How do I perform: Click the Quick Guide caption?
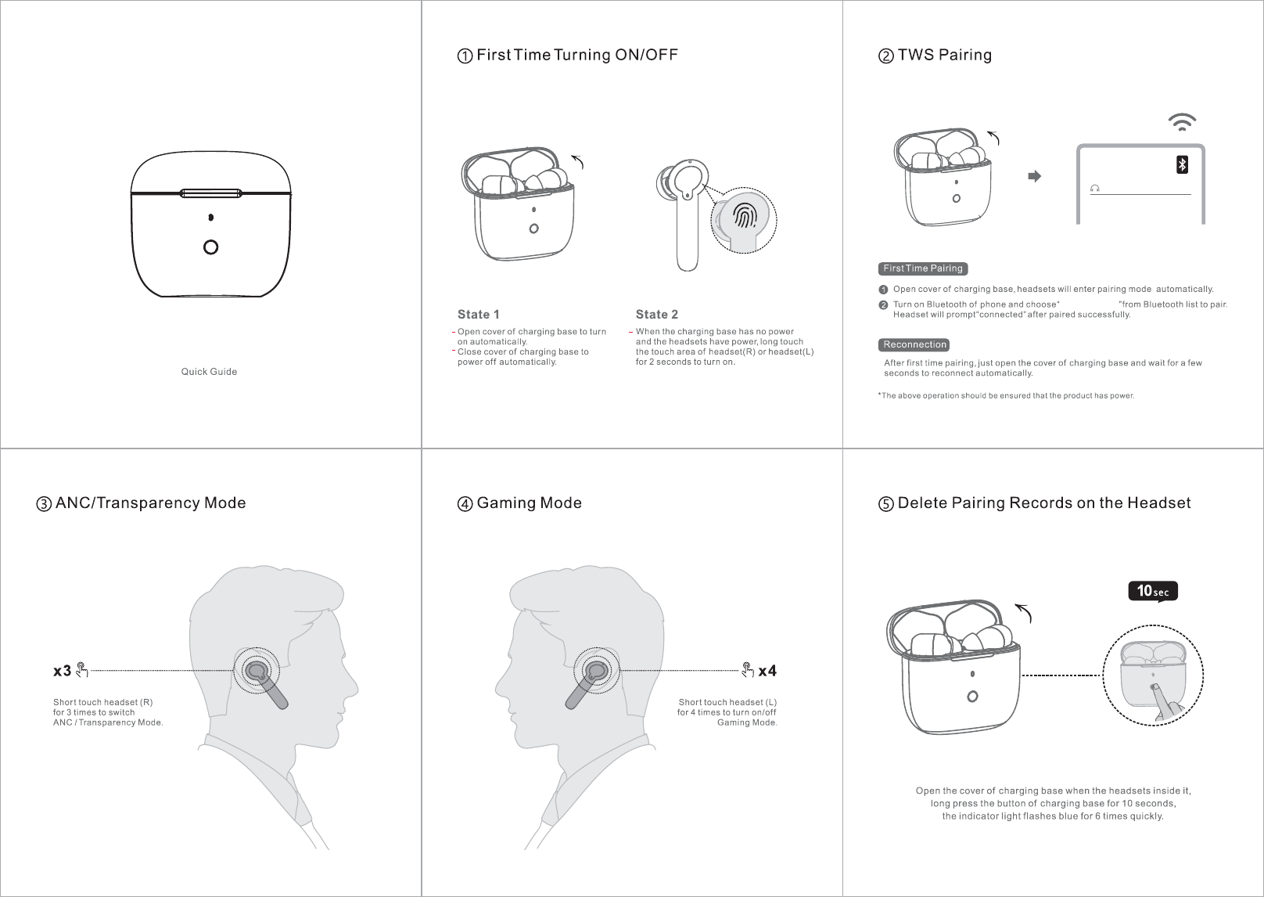209,372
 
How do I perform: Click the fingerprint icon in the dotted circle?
745,216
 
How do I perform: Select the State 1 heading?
478,315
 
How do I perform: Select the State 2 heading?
657,315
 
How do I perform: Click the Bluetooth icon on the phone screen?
1182,164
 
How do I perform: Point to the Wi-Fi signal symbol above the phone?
1182,122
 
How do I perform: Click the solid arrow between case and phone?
1034,176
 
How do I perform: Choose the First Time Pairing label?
923,268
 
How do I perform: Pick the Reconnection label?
914,345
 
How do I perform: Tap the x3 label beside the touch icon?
62,671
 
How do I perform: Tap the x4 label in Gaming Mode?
767,671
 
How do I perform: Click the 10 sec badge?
1153,591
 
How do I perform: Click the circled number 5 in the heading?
886,503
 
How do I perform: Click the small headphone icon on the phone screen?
1095,188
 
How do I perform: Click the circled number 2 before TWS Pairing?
886,56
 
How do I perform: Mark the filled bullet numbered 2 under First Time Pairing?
883,305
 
